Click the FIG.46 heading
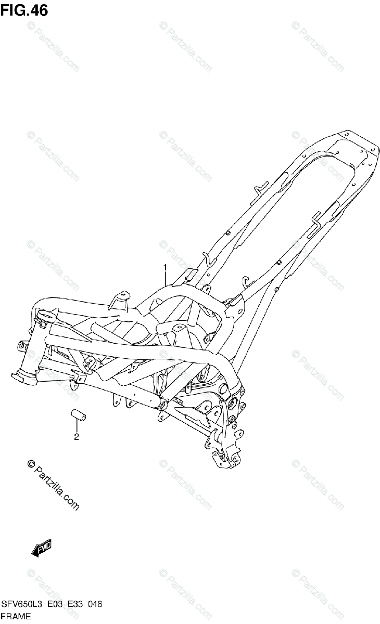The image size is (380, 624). (24, 10)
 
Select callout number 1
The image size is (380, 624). (166, 268)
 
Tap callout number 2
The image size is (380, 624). (76, 437)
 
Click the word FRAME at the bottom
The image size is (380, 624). (17, 617)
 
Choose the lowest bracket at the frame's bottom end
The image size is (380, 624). (224, 459)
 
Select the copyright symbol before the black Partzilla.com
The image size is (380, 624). (30, 464)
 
